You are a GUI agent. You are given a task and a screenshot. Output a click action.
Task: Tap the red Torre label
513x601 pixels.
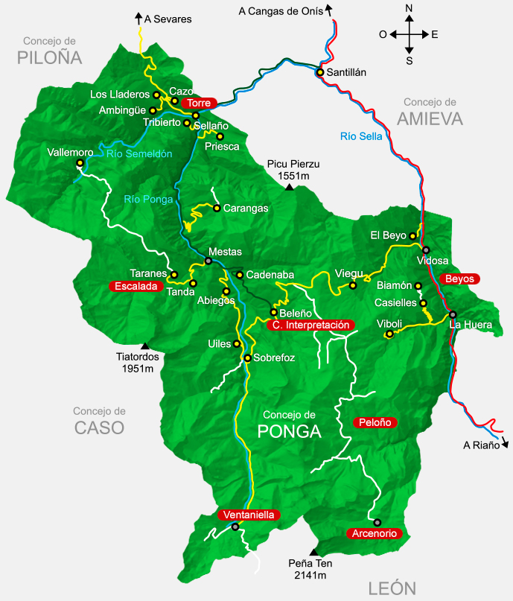199,103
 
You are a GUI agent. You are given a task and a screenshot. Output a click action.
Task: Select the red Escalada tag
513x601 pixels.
136,285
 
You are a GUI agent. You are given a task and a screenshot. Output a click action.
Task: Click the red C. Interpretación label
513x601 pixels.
308,325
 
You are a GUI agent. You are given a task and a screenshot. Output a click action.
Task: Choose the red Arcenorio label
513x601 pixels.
375,533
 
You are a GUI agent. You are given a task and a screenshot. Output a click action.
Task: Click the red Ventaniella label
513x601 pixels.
249,515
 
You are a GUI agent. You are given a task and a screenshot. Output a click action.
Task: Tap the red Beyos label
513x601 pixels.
459,279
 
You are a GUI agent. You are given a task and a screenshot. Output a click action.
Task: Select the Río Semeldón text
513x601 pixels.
139,154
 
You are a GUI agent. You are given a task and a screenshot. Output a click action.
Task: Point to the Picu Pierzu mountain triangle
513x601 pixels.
289,187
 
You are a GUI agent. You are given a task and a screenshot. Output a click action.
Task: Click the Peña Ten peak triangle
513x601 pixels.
313,552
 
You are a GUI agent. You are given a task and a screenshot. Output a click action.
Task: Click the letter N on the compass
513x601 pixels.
409,8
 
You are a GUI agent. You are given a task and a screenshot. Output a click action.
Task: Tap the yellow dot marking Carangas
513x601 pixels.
217,208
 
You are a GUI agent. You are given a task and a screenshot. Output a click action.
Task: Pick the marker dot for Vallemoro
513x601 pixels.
78,162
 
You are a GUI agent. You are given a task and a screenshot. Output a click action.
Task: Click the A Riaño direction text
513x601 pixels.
480,445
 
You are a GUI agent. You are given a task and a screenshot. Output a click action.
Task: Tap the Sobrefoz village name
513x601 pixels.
274,358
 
